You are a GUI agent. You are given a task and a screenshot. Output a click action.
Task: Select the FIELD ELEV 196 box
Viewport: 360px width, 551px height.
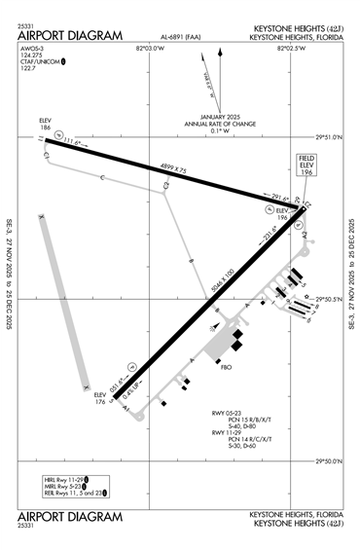pyautogui.click(x=308, y=166)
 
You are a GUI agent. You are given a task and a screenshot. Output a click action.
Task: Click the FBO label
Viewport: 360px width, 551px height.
pyautogui.click(x=227, y=369)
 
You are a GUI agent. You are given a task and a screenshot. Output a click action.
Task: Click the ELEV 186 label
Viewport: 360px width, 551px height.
pyautogui.click(x=46, y=125)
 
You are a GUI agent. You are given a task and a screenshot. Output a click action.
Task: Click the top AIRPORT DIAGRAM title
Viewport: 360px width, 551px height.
pyautogui.click(x=70, y=36)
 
